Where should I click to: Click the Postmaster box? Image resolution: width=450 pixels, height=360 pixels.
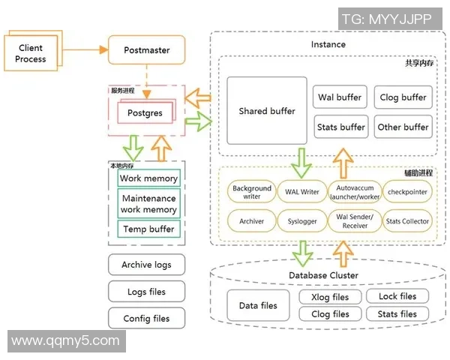pos(147,51)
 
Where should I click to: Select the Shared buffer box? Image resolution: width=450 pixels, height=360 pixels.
pos(267,111)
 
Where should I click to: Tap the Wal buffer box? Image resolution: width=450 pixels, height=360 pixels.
pos(340,97)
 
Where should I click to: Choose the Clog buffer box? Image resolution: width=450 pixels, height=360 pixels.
pos(403,97)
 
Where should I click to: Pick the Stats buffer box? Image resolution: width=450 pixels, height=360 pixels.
pos(340,127)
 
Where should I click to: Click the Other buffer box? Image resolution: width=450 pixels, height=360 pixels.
pos(403,127)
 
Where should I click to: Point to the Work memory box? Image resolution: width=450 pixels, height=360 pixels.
pos(148,178)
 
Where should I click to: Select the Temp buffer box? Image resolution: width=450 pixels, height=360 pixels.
pos(148,229)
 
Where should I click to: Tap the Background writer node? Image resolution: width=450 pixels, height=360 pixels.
pos(251,193)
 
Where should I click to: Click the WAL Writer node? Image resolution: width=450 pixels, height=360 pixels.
pos(302,192)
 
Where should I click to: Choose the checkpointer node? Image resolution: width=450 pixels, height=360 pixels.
pos(407,192)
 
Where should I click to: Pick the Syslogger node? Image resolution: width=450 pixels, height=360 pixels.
pos(302,221)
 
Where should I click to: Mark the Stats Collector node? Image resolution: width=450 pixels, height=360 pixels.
pos(407,221)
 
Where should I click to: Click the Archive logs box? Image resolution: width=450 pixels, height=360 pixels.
pos(147,265)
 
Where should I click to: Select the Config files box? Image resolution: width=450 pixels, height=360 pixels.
pos(147,319)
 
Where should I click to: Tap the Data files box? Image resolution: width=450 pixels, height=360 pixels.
pos(258,305)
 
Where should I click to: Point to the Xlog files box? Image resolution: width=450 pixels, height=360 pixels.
pos(330,296)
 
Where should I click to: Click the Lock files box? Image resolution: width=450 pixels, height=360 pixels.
pos(397,296)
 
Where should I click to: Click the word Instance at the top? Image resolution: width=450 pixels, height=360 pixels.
pos(328,44)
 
